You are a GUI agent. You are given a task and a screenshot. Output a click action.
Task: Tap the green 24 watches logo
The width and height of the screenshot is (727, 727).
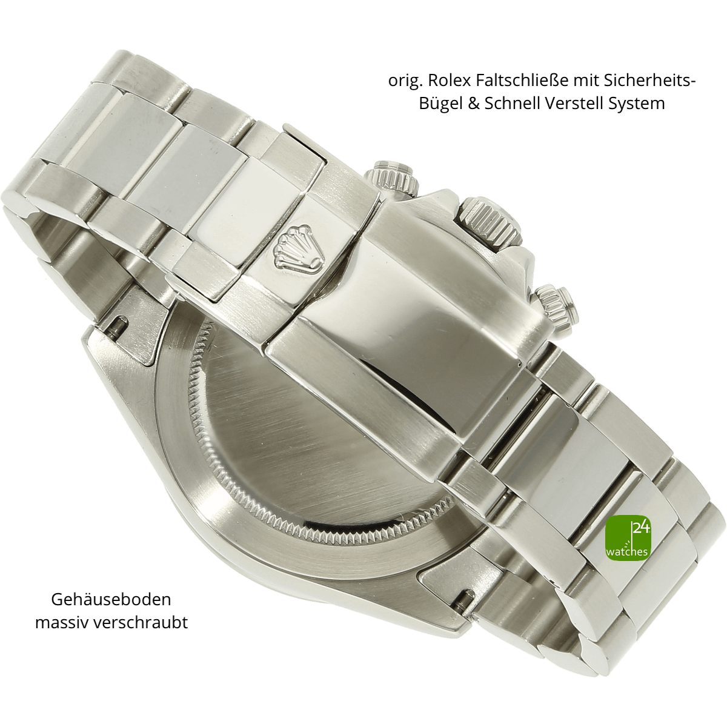click(628, 538)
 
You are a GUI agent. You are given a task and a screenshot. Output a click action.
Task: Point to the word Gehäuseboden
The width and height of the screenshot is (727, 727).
click(111, 599)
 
